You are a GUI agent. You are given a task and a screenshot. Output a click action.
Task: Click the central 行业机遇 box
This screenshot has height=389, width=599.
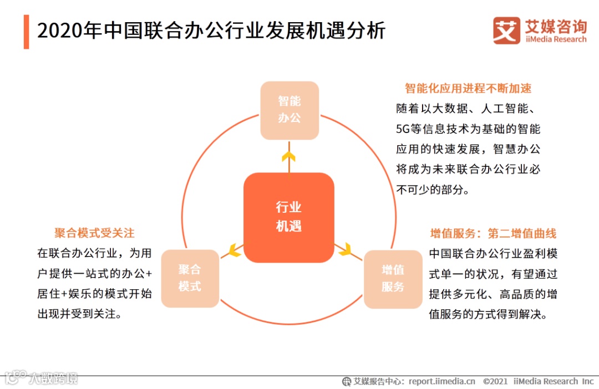(289, 217)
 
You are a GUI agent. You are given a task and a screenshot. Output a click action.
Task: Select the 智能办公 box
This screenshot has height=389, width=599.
(290, 110)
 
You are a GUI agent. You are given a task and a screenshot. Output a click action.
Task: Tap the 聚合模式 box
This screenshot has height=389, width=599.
(190, 278)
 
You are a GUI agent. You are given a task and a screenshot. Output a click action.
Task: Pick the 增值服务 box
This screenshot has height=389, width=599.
(393, 279)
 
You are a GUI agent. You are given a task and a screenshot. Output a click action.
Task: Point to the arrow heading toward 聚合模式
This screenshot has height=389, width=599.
(235, 250)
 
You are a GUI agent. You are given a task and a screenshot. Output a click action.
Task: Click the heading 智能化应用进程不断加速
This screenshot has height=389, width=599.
(468, 89)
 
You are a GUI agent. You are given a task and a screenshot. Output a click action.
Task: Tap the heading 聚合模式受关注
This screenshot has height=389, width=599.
(94, 233)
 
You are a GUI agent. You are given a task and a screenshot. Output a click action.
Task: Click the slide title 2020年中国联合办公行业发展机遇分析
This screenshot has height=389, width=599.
(211, 31)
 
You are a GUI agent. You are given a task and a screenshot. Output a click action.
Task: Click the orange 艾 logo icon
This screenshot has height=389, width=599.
(506, 30)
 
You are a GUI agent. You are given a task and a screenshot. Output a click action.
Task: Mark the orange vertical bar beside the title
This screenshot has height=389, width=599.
(26, 32)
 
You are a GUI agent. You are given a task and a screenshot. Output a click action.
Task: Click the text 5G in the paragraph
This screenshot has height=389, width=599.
(402, 130)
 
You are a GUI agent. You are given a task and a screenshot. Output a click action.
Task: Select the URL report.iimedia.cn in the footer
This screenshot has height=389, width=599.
(442, 381)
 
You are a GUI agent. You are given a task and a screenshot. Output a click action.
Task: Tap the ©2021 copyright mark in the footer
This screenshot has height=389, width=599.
(496, 381)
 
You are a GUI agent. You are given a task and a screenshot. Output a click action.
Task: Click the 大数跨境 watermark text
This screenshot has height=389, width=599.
(54, 378)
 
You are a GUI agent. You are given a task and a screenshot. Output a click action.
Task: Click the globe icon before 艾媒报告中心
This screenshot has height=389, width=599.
(347, 381)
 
